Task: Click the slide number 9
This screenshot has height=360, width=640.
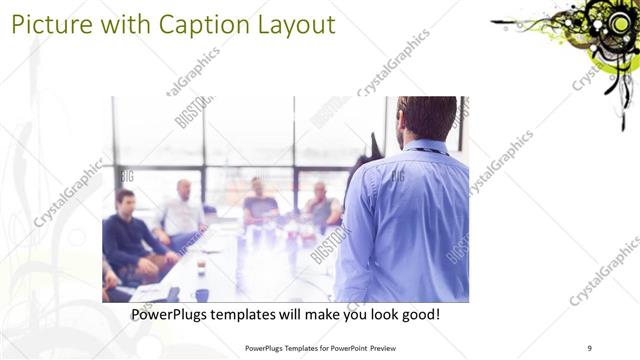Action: tap(590, 348)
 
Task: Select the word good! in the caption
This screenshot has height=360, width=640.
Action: tap(416, 315)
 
